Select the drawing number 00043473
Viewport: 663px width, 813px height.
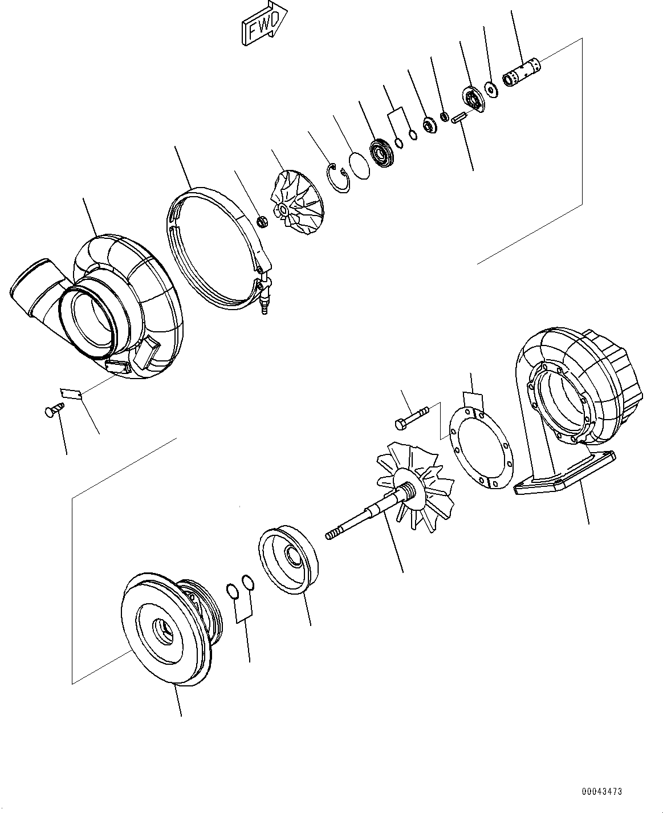click(x=601, y=791)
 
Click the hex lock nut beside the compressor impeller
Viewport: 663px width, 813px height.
click(x=262, y=221)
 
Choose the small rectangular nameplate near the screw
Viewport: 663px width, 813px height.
click(x=71, y=393)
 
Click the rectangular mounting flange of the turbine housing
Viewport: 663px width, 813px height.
click(x=564, y=473)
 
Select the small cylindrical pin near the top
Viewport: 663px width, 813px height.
click(x=459, y=119)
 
